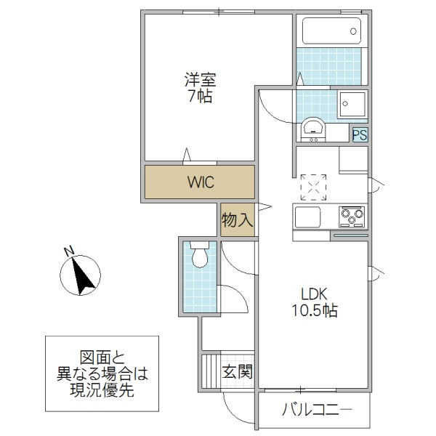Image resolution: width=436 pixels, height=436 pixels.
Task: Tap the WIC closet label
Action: click(x=200, y=182)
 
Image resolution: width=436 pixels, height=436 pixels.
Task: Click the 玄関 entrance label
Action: click(x=238, y=373)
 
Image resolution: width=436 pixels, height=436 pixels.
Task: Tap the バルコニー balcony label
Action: click(x=316, y=412)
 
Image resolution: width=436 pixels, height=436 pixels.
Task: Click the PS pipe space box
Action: click(x=359, y=134)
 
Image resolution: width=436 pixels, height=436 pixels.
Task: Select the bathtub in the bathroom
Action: click(x=331, y=32)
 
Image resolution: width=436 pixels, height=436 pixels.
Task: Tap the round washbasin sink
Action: click(x=314, y=129)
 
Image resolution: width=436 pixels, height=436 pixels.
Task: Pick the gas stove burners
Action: click(x=352, y=216)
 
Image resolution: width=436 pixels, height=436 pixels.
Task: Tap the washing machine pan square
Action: click(x=352, y=105)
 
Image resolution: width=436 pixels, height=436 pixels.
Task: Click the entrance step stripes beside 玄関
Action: click(x=210, y=371)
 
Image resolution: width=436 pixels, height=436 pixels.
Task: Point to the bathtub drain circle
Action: click(x=353, y=31)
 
